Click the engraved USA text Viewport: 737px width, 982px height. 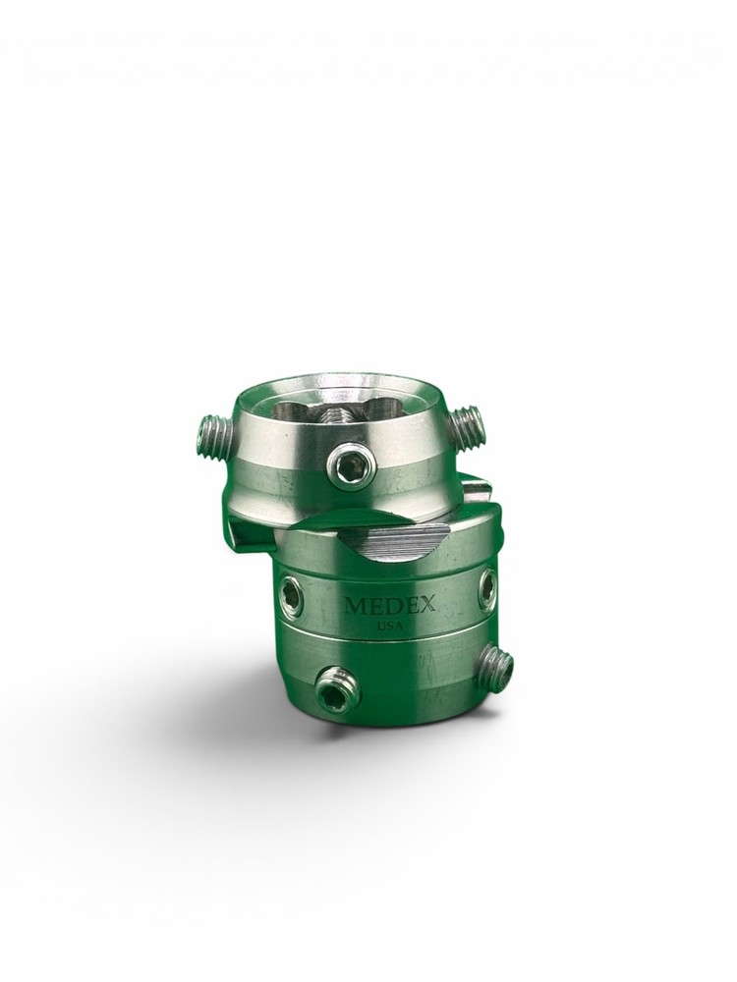[x=390, y=626]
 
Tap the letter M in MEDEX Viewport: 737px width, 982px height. [x=354, y=606]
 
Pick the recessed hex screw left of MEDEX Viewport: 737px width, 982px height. [x=293, y=589]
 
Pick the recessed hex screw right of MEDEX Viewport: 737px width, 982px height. [x=487, y=588]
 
